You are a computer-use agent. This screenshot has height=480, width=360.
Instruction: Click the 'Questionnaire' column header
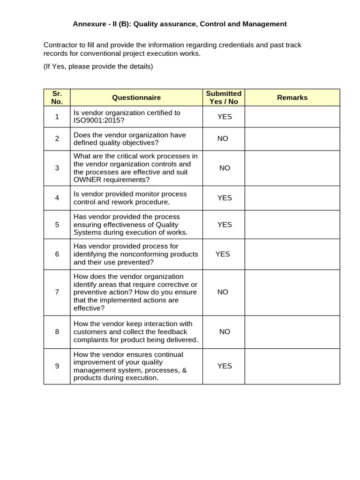click(136, 97)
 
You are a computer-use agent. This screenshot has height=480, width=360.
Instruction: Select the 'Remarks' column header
click(292, 97)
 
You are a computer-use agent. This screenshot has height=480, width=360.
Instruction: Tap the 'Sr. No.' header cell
click(57, 97)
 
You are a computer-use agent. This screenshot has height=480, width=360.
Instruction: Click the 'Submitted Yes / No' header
click(224, 97)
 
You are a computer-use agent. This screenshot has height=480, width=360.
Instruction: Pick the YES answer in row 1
click(225, 117)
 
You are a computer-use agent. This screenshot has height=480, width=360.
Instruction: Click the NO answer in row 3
click(225, 168)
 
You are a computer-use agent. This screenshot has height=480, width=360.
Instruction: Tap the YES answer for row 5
click(225, 225)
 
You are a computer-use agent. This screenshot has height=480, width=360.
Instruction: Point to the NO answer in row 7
click(223, 292)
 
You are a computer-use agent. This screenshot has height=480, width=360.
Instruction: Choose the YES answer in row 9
click(225, 366)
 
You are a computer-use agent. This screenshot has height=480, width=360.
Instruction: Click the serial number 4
click(57, 198)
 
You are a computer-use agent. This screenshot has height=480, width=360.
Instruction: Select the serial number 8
click(57, 332)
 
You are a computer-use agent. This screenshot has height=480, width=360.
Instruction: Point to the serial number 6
click(57, 254)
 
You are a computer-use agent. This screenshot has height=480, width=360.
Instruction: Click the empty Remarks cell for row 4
click(292, 198)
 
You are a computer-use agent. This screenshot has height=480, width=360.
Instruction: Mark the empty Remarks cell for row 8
click(292, 332)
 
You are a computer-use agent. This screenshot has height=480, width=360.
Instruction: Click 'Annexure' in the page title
click(88, 24)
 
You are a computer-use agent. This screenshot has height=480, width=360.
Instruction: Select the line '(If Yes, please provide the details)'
click(98, 67)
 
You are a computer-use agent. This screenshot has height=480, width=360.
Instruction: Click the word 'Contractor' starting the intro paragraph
click(60, 45)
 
